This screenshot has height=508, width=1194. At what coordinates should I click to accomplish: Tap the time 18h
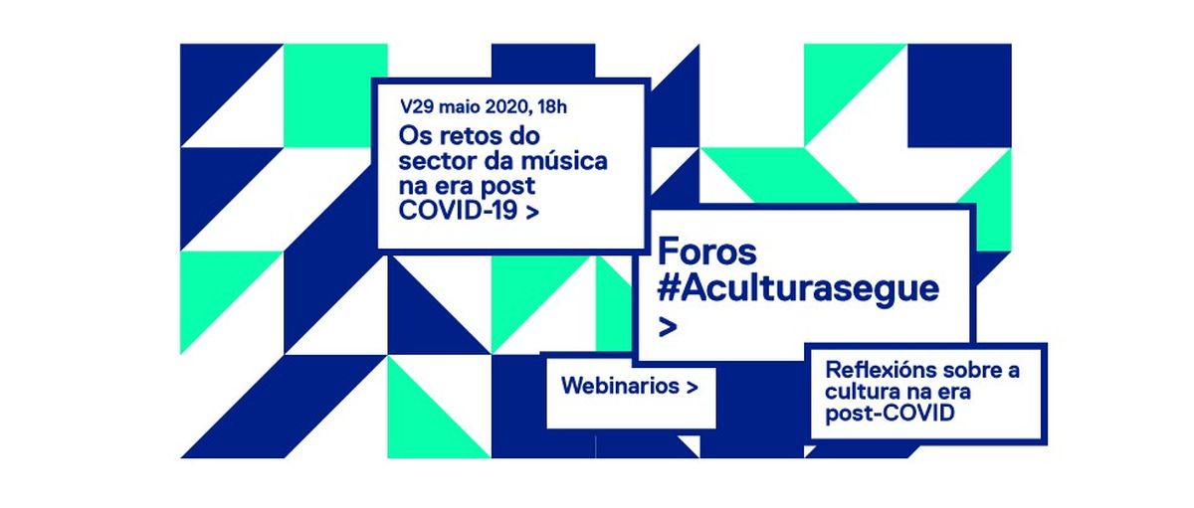point(552,107)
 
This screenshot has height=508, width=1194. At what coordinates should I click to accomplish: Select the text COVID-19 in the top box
point(458,211)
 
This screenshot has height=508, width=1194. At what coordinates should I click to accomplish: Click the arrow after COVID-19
point(532,213)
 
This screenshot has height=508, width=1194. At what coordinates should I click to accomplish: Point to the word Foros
point(707,252)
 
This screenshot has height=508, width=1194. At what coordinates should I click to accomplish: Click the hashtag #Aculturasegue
point(798,289)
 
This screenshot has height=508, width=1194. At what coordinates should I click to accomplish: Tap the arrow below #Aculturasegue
point(668,327)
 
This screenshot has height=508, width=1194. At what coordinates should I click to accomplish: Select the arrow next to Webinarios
point(692,387)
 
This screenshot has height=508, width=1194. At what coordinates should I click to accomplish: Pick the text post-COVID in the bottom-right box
point(890,414)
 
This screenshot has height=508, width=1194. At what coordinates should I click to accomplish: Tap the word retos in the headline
point(470,136)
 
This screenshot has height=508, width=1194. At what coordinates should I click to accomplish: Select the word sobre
point(967,370)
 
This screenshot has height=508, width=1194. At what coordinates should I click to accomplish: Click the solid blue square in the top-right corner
point(959,95)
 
